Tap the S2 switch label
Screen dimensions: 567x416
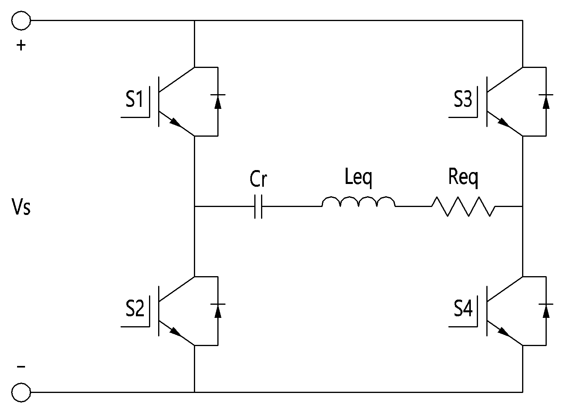click(x=135, y=308)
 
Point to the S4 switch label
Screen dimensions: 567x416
click(x=463, y=308)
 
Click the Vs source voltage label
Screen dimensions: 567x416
click(x=21, y=207)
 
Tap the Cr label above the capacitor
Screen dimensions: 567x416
click(x=258, y=179)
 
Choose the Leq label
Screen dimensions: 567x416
click(x=358, y=178)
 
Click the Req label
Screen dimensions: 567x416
click(x=463, y=178)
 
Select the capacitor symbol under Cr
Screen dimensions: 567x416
click(x=258, y=207)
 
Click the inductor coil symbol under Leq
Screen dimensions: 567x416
click(x=358, y=202)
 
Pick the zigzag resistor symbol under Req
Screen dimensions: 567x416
click(x=463, y=207)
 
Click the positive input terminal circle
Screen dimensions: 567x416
click(x=21, y=21)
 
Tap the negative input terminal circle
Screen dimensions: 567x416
click(x=21, y=392)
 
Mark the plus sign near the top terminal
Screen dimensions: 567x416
click(x=21, y=46)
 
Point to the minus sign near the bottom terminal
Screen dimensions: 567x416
click(x=21, y=366)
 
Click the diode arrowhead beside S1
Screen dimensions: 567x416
click(x=218, y=102)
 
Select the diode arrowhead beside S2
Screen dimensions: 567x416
click(x=218, y=311)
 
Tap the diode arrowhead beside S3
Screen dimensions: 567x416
click(x=546, y=102)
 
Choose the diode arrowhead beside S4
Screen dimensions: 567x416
click(x=546, y=311)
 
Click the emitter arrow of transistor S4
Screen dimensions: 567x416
click(x=504, y=332)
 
